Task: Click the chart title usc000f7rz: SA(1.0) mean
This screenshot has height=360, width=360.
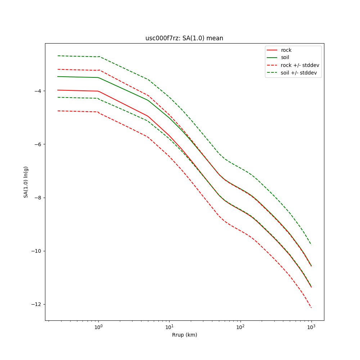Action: [x=184, y=38]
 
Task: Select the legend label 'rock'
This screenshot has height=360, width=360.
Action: [x=286, y=50]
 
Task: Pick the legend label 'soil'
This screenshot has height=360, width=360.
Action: [x=285, y=57]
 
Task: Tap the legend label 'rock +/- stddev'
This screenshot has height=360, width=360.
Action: [x=300, y=65]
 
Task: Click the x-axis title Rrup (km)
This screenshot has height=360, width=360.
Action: [x=184, y=335]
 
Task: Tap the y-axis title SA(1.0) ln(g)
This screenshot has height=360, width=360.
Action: [x=26, y=182]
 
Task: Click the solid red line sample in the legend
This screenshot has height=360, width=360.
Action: [x=272, y=50]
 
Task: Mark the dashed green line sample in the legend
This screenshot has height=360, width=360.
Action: [x=272, y=73]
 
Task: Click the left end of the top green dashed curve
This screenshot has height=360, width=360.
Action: [x=58, y=56]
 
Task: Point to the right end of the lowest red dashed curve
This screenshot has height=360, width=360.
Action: [x=311, y=307]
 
